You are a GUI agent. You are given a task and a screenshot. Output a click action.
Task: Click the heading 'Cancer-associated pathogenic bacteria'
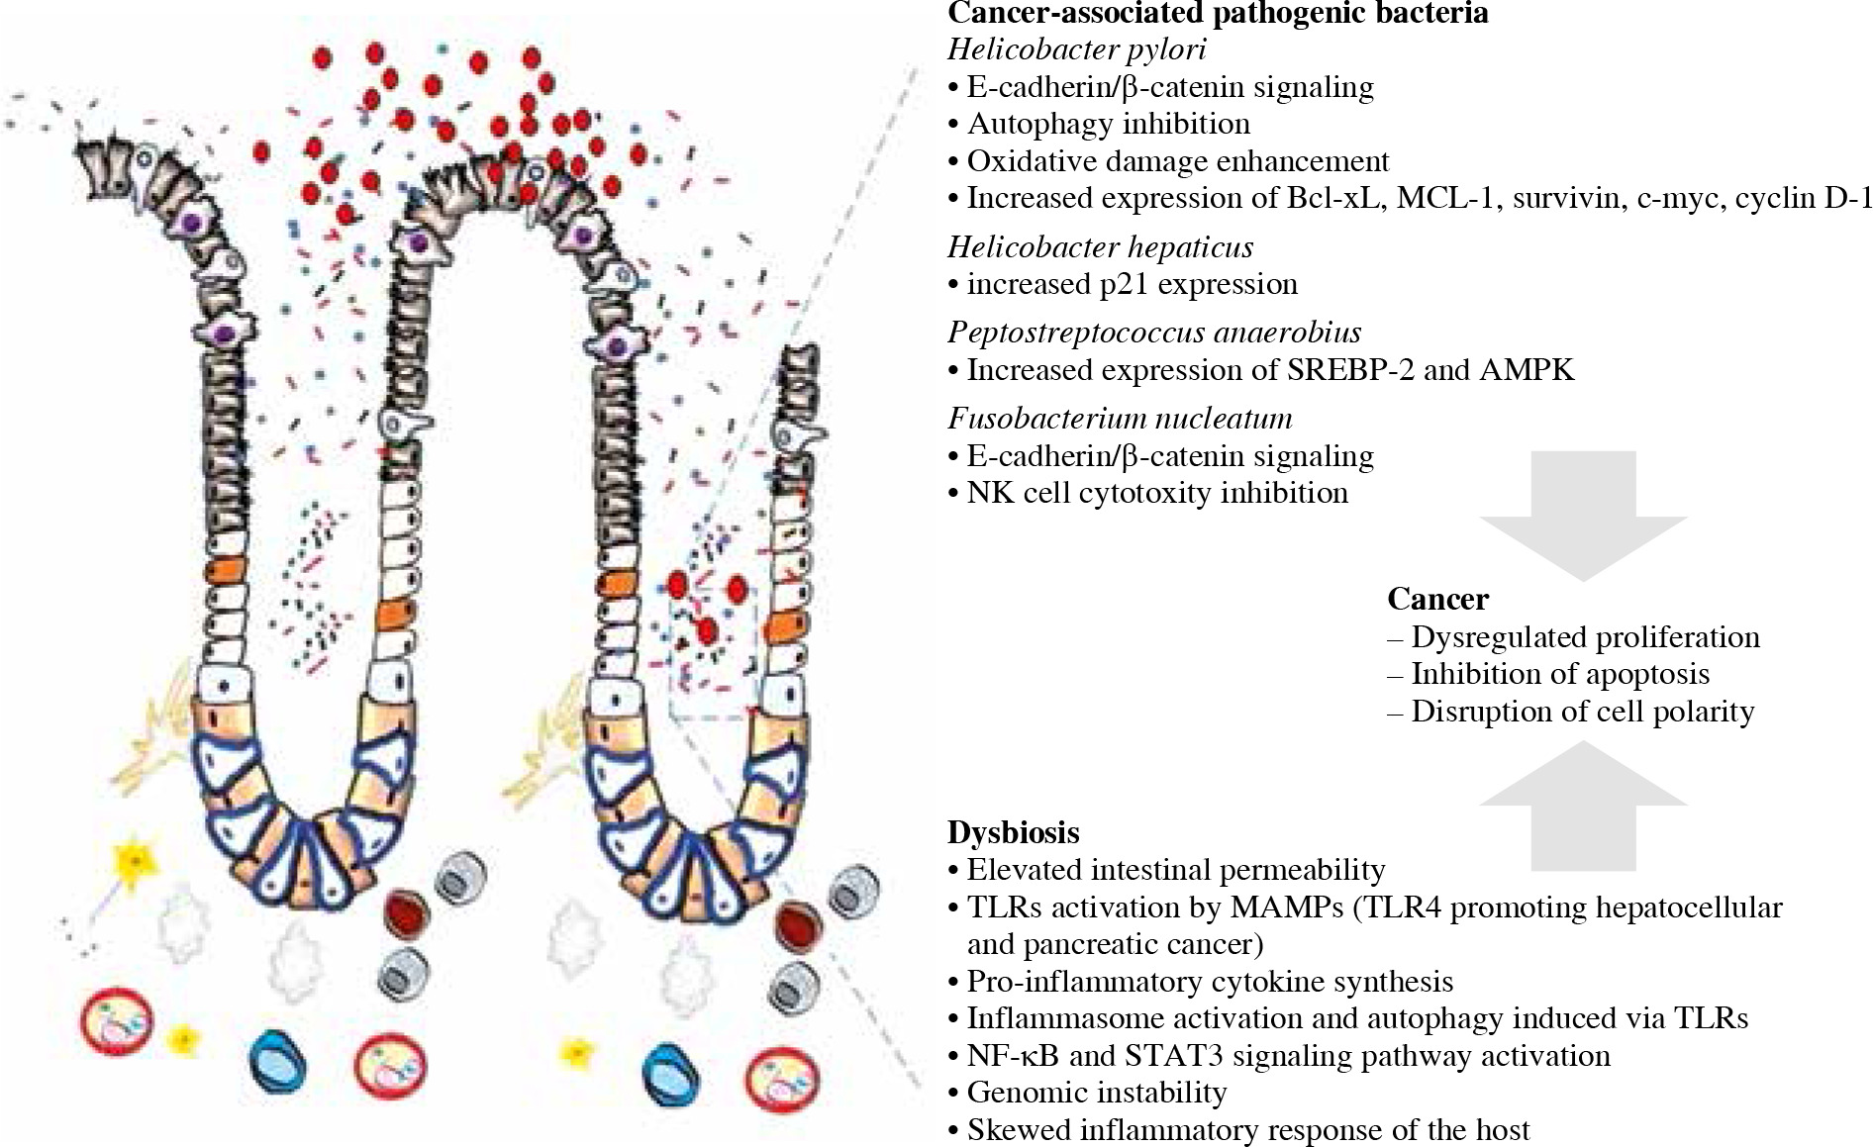[x=1218, y=14]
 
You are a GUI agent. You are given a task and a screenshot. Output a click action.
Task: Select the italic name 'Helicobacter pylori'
[x=1076, y=49]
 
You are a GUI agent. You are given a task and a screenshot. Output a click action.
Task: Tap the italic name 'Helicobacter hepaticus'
[x=1100, y=246]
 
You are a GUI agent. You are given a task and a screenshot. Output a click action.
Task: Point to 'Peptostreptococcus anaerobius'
[x=1154, y=333]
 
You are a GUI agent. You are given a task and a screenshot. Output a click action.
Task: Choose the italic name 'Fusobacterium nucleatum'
[x=1120, y=419]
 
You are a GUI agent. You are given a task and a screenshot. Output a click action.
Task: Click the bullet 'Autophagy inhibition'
[x=1108, y=124]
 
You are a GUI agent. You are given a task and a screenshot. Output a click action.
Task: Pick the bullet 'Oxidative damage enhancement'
[x=1177, y=161]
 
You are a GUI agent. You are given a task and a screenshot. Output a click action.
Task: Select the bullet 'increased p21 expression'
[x=1132, y=284]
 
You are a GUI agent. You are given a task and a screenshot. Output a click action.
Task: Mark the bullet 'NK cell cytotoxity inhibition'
[x=1156, y=493]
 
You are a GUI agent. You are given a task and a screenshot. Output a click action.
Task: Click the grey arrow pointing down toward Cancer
[x=1582, y=515]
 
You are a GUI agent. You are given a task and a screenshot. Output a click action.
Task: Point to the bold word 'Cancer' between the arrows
[x=1437, y=600]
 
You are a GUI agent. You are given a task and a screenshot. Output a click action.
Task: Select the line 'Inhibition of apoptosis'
[x=1559, y=674]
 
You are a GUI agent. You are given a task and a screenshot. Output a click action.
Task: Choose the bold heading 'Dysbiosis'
[x=1013, y=832]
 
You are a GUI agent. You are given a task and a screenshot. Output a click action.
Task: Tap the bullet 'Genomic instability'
[x=1096, y=1093]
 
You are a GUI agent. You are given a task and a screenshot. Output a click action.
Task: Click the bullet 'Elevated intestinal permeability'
[x=1175, y=870]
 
